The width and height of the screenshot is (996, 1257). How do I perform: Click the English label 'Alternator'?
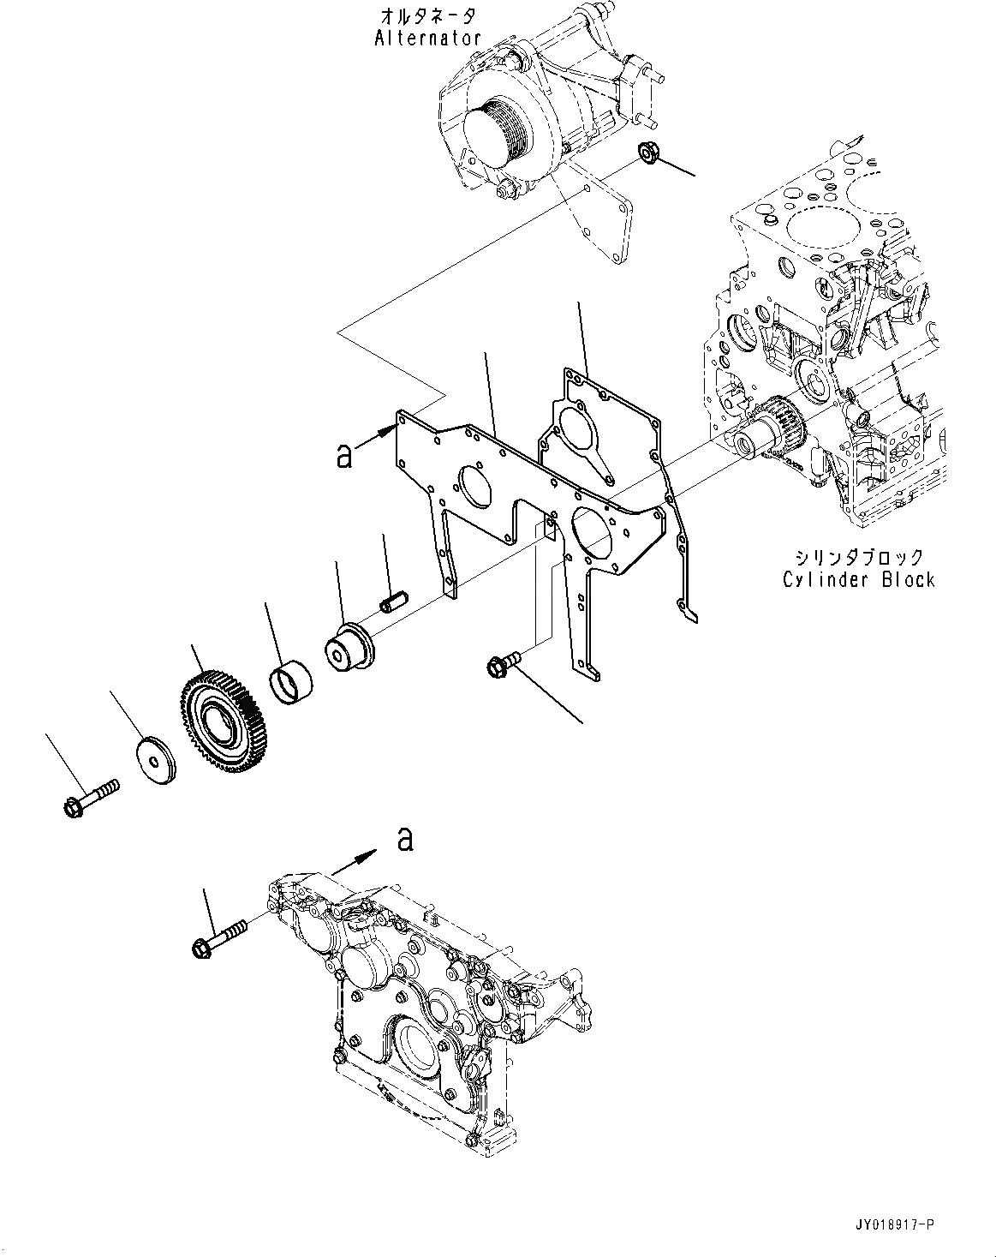click(427, 38)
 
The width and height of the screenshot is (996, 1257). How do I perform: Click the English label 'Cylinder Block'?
click(858, 580)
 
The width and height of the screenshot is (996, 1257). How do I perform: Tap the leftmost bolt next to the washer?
click(88, 796)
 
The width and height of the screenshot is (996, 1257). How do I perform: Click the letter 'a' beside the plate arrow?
click(344, 457)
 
